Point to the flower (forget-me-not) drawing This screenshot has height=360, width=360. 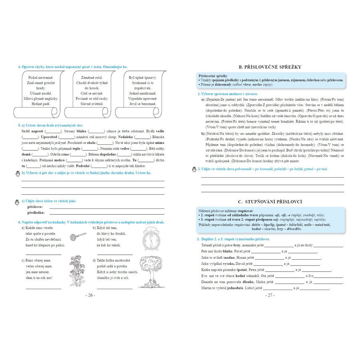tap(78, 272)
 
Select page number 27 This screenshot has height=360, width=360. tap(270, 295)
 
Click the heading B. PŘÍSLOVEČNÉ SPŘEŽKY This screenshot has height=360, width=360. tap(270, 67)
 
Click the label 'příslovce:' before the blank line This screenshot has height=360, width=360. tap(35, 207)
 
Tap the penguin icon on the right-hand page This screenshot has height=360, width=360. tap(194, 169)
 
